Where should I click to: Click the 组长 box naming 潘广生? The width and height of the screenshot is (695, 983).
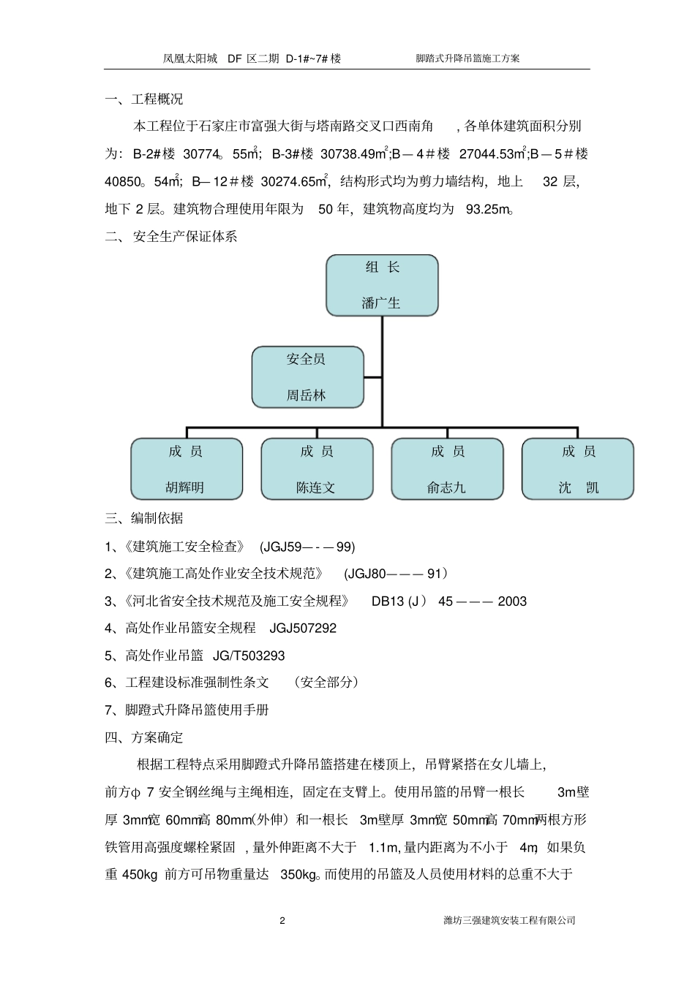coord(382,285)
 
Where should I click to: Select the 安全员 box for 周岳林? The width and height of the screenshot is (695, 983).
coord(307,377)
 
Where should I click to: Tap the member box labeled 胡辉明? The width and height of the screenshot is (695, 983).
coord(186,468)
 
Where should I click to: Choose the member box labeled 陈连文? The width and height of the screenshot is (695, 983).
coord(317,468)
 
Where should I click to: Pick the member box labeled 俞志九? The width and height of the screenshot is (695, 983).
coord(447,468)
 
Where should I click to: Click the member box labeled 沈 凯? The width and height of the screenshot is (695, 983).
coord(577,468)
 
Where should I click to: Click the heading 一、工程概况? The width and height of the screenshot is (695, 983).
coord(144,99)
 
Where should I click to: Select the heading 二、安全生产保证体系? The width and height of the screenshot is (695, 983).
coord(171,237)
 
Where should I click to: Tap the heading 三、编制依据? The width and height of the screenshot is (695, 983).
coord(144,518)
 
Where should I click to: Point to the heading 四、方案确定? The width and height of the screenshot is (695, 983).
coord(144,737)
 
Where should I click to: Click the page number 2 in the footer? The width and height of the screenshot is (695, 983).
coord(282,920)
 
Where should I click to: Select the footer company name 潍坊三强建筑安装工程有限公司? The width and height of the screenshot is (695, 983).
coord(509,920)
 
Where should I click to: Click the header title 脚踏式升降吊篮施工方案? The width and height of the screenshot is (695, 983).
coord(467,58)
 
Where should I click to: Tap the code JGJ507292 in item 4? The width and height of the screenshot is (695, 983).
coord(303,628)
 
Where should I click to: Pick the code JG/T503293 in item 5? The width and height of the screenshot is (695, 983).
coord(249,656)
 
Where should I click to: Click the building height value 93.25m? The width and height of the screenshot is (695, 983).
coord(487,209)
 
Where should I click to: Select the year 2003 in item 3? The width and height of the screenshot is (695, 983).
coord(512,601)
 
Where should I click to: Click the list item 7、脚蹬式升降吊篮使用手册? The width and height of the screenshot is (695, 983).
coord(187,710)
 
